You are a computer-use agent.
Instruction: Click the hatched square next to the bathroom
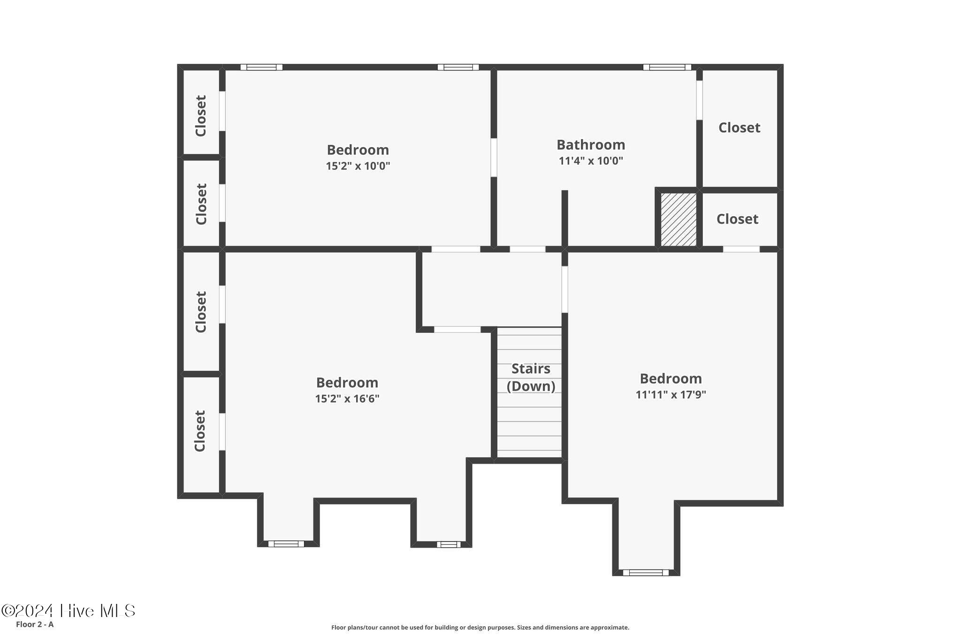click(679, 219)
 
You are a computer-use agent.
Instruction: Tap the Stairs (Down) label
click(531, 377)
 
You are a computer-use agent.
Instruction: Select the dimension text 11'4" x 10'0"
click(591, 161)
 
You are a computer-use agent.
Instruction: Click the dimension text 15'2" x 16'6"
click(347, 399)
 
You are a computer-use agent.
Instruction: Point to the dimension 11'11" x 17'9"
click(671, 394)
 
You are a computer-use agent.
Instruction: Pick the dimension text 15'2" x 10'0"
click(358, 166)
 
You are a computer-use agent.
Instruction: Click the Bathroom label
click(591, 144)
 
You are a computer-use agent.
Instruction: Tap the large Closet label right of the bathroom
click(739, 128)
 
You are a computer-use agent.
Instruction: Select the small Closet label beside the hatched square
click(737, 219)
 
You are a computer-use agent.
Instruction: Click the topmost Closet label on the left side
click(201, 116)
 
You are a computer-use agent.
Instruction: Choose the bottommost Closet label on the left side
click(200, 431)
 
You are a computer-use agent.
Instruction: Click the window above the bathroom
click(667, 67)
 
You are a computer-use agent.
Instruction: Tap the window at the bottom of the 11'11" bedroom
click(646, 572)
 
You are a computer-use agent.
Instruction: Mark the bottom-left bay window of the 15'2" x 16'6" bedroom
click(286, 544)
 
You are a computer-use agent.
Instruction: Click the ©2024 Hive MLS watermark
click(69, 610)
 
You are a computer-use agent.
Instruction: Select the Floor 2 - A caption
click(35, 625)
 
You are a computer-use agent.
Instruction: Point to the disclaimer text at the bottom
click(480, 627)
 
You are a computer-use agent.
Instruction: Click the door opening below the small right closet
click(741, 249)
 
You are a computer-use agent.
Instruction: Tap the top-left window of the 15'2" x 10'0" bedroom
click(261, 67)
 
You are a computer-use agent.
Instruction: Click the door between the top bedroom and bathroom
click(494, 157)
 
